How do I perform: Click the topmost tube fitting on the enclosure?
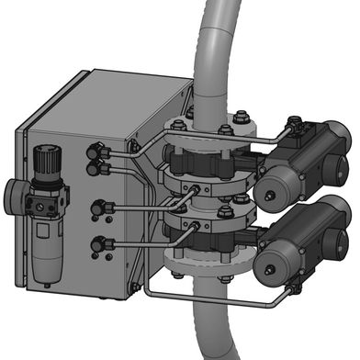(95, 149)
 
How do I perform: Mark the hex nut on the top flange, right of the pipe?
(240, 118)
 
